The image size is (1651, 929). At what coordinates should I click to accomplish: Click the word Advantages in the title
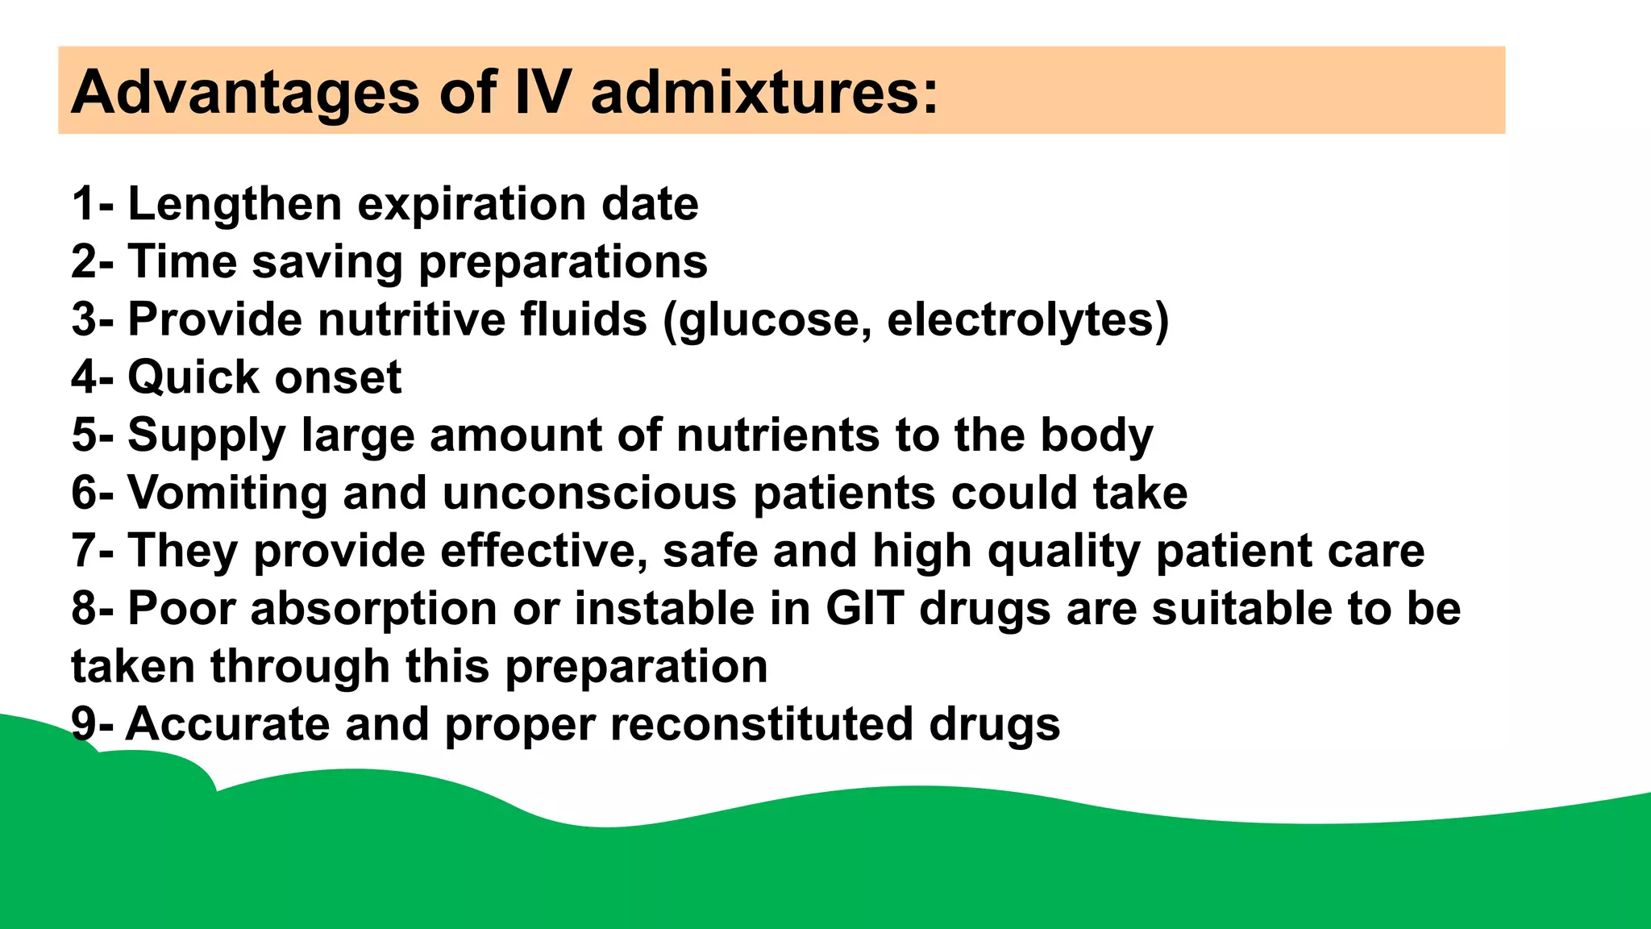pos(245,92)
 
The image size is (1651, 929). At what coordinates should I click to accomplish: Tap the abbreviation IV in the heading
pos(542,92)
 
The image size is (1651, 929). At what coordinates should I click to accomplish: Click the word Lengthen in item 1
pos(235,203)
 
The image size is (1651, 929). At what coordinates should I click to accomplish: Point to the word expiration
pos(472,203)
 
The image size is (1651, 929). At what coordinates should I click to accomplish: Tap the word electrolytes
pos(1021,319)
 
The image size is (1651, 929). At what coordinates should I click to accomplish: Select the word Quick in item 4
pos(190,377)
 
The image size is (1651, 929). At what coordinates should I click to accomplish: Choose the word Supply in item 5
pos(206,435)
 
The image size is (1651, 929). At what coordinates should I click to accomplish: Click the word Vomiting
pos(227,493)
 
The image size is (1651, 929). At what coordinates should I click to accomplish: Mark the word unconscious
pos(589,493)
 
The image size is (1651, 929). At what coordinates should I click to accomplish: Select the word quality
pos(1064,551)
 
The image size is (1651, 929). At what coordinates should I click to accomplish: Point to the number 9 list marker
pos(84,724)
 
